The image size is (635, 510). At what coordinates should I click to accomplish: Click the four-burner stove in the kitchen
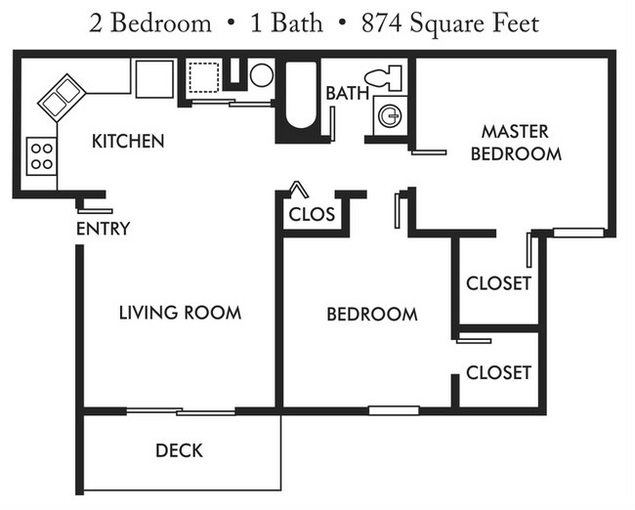(42, 155)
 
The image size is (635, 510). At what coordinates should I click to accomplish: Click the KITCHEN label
(128, 142)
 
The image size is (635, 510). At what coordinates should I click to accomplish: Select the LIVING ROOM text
(180, 313)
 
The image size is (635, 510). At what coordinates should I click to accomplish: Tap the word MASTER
(515, 131)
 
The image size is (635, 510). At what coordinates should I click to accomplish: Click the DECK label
(179, 450)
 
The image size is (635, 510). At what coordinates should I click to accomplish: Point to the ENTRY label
(103, 230)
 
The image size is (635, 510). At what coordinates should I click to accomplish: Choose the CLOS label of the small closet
(312, 214)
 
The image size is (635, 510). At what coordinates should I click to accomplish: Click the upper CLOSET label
(498, 283)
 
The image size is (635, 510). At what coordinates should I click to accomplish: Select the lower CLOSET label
(498, 372)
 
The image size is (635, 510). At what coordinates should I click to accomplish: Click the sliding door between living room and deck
(181, 410)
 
